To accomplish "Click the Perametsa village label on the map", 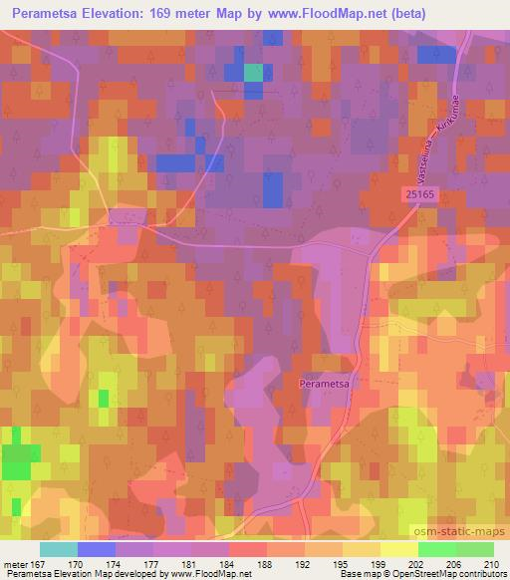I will point(323,382).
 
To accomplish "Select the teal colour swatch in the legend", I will point(58,549).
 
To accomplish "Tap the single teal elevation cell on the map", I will point(254,72).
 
